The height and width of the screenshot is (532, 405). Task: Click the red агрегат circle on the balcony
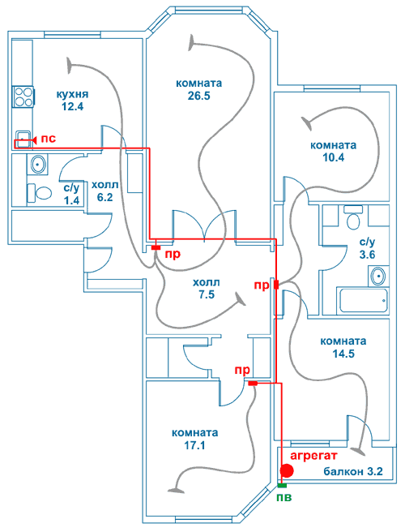[287, 470]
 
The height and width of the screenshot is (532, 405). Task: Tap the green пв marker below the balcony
[282, 486]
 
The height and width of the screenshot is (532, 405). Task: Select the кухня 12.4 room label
[72, 100]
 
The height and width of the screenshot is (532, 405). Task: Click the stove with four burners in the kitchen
[23, 97]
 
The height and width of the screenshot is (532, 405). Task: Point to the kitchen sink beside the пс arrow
[23, 139]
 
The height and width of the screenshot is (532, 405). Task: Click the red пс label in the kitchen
[48, 139]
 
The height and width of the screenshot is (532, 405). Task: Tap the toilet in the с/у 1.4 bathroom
[39, 193]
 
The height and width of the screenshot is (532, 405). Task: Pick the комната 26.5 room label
[199, 89]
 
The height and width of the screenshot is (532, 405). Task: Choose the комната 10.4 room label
[333, 152]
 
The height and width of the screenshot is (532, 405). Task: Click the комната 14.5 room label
[343, 347]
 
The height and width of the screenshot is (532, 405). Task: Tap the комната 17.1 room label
[195, 439]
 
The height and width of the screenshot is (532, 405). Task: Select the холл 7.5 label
[207, 289]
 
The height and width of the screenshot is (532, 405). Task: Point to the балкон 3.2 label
[353, 471]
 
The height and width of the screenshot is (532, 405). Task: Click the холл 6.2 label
[105, 191]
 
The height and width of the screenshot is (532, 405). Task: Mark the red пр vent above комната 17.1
[253, 384]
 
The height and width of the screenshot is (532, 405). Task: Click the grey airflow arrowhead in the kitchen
[70, 65]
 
